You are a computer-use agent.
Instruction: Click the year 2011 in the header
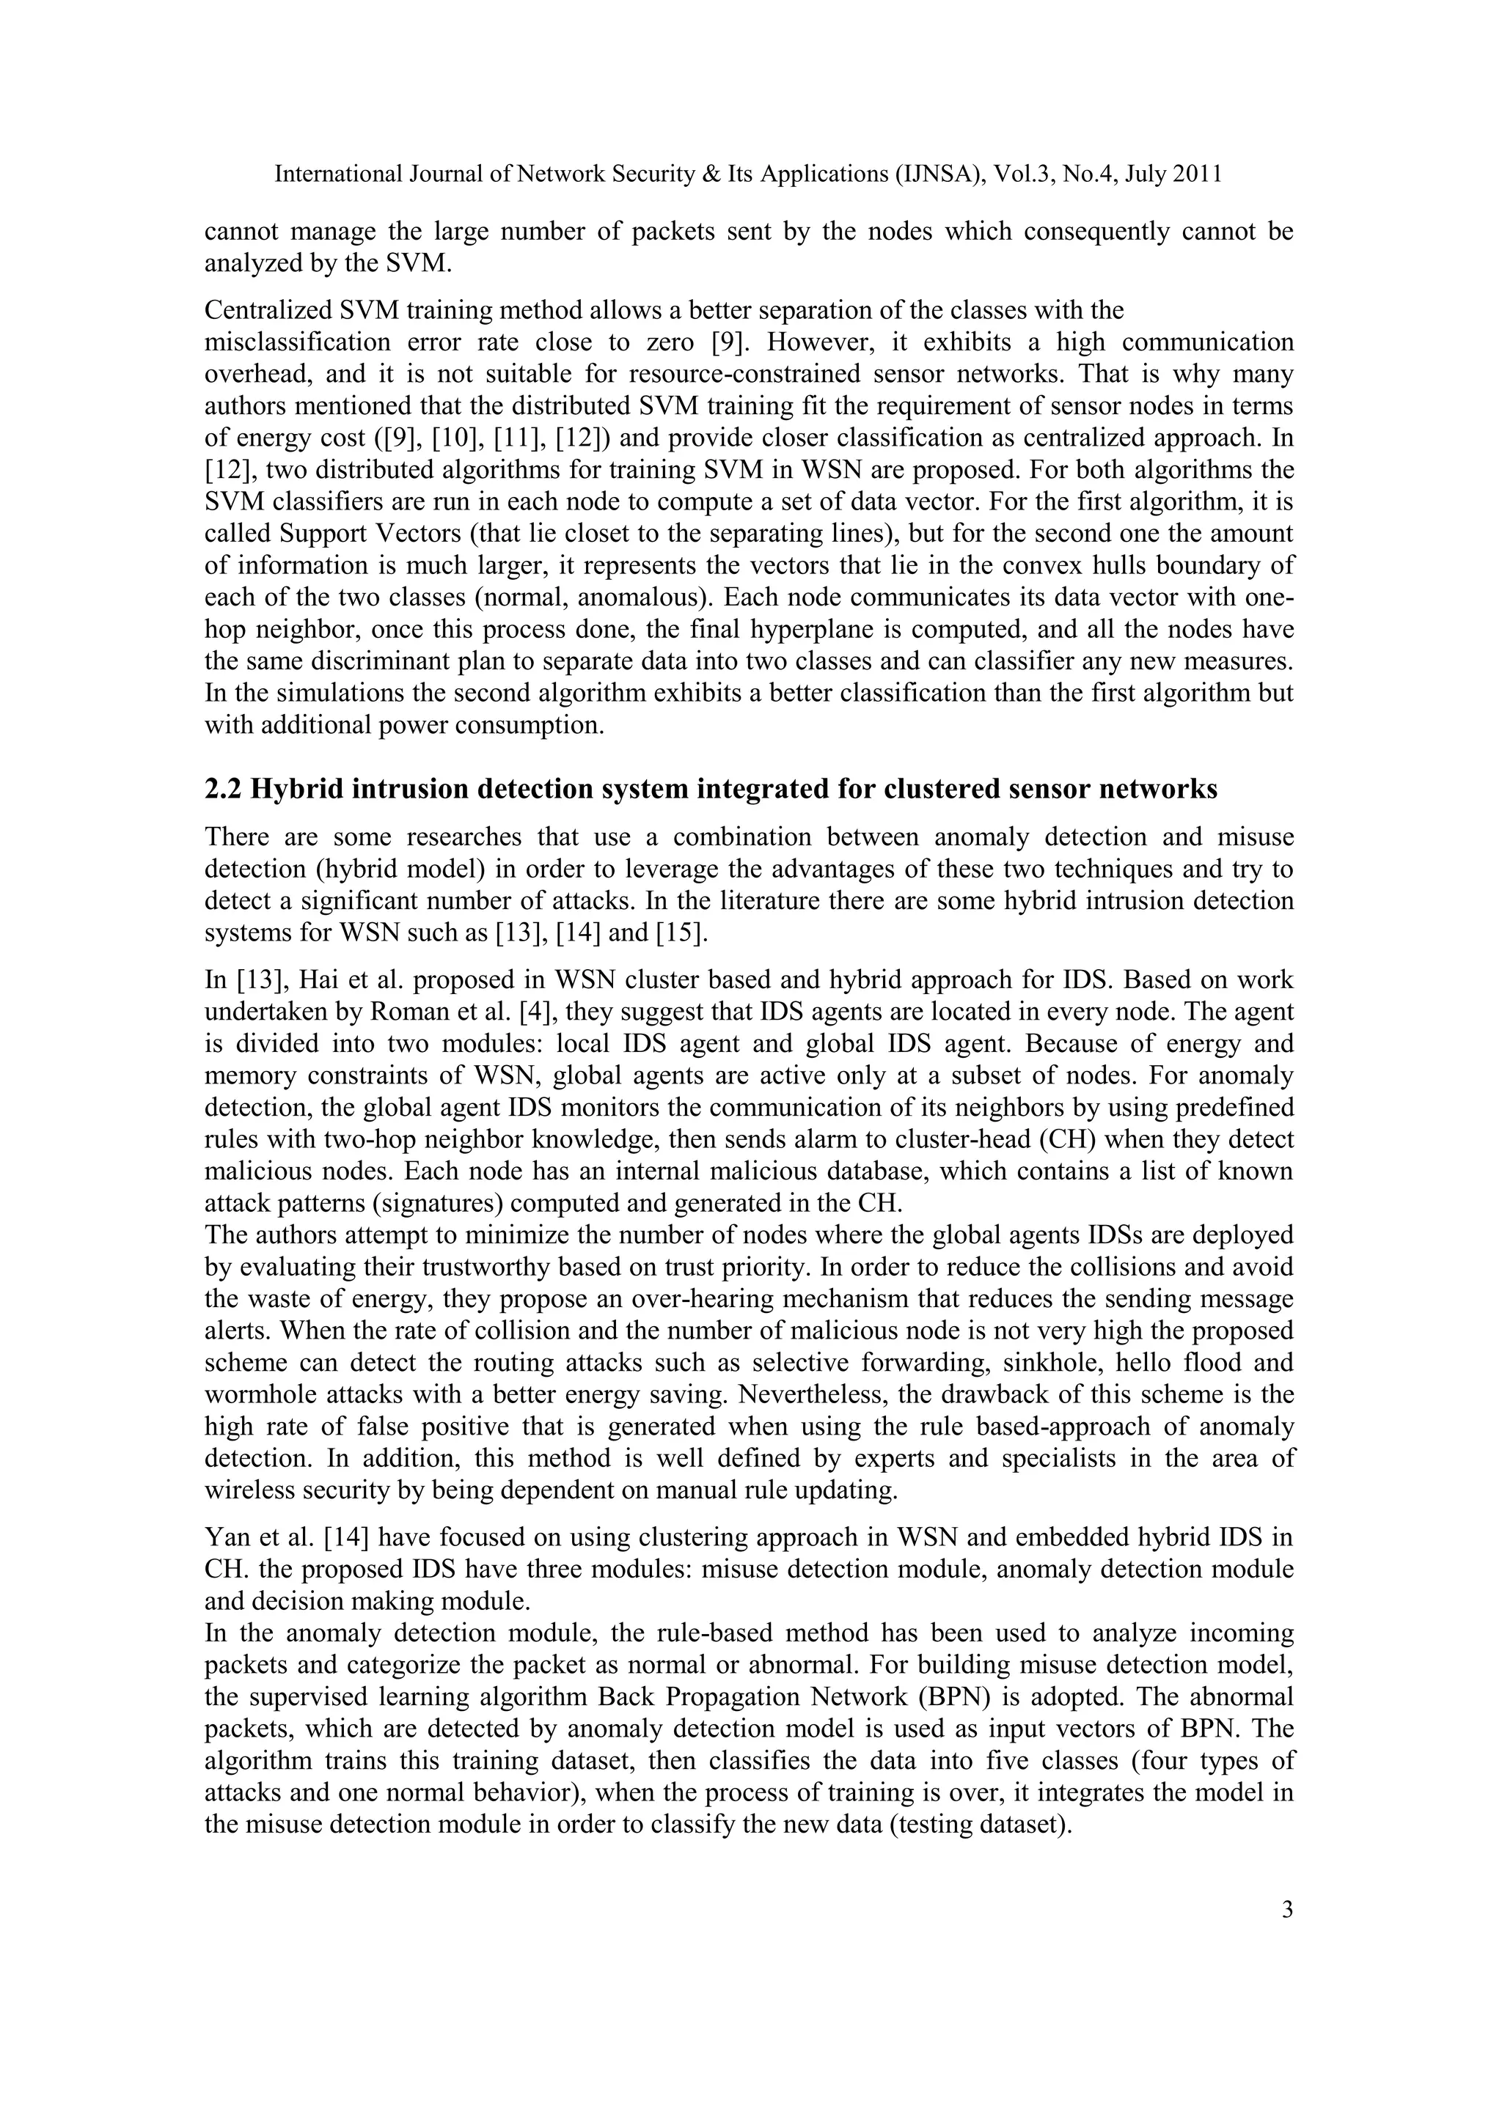click(1198, 174)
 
